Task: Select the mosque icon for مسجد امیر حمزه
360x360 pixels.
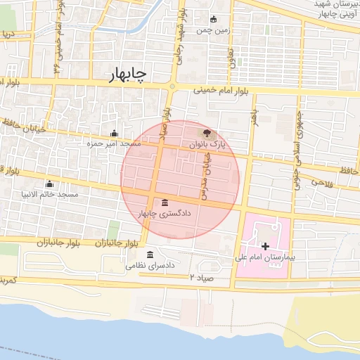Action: tap(114, 134)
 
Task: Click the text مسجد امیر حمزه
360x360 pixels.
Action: tap(114, 143)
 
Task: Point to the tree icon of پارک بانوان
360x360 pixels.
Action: tap(206, 133)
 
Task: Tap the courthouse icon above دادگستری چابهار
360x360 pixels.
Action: tap(165, 202)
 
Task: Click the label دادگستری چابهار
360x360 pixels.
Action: tap(165, 213)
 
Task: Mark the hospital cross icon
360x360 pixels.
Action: tap(265, 245)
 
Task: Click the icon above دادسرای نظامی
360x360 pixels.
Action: tap(150, 255)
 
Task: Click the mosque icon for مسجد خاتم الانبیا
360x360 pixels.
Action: tap(49, 184)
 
